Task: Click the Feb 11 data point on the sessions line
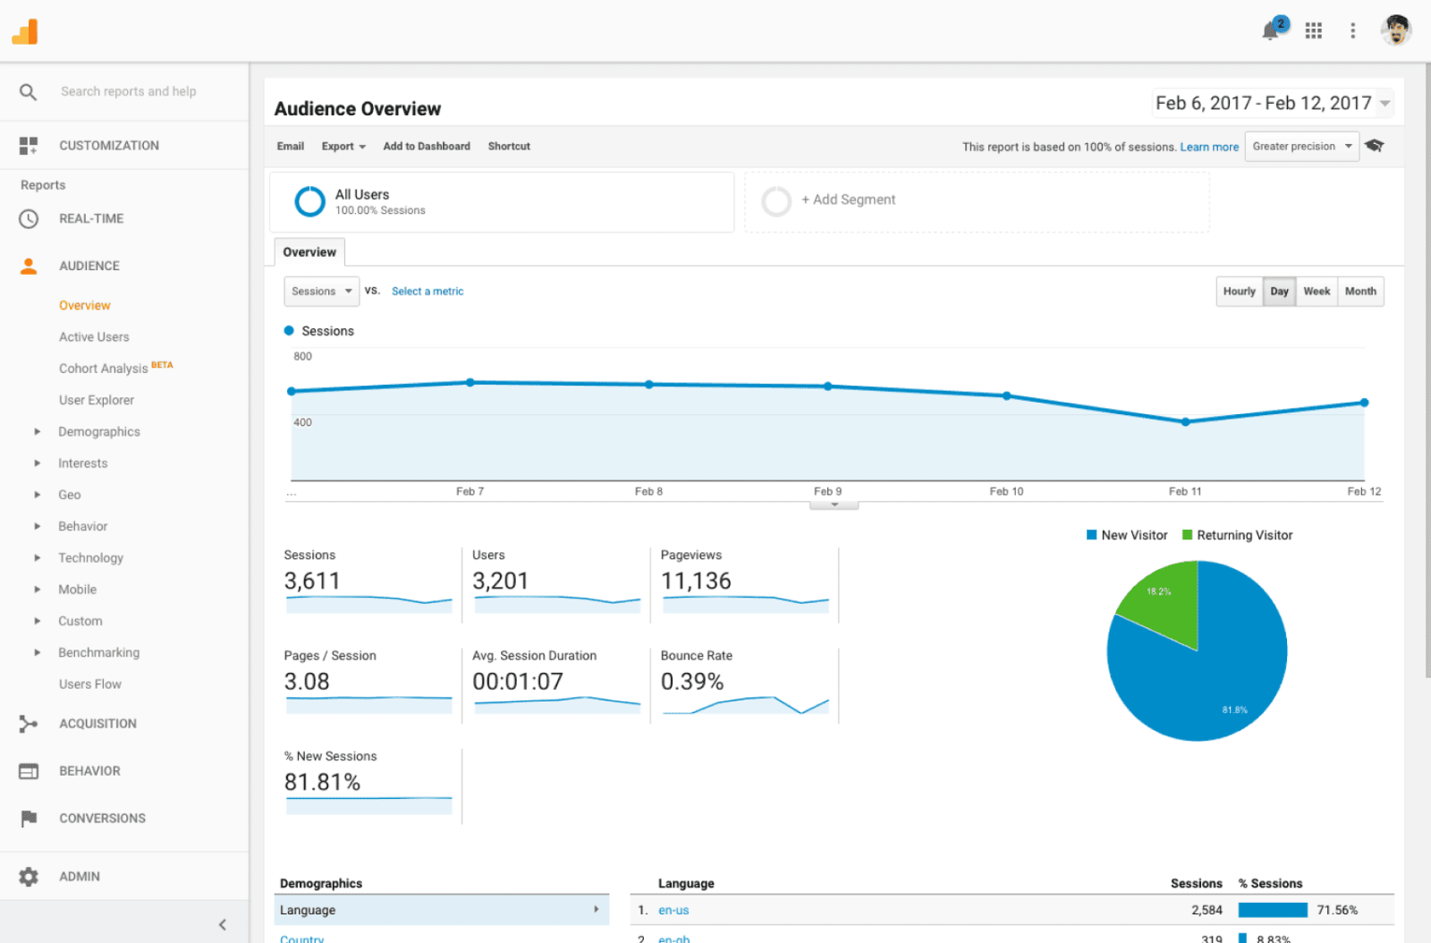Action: click(1185, 421)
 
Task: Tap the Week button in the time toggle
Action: click(1317, 292)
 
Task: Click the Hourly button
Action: click(1239, 292)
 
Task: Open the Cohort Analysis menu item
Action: click(104, 369)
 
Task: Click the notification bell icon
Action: click(1270, 31)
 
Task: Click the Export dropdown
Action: click(343, 147)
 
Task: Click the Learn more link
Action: click(1209, 147)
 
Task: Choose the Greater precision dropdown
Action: click(1301, 147)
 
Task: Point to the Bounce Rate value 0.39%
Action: click(691, 682)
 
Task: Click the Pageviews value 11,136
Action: click(696, 582)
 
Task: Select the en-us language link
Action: click(673, 910)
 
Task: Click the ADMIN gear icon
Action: click(29, 877)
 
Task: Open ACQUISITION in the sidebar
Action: click(97, 724)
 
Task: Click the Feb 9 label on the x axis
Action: click(827, 491)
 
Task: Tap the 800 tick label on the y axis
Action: click(302, 356)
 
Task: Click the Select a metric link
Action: click(428, 292)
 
